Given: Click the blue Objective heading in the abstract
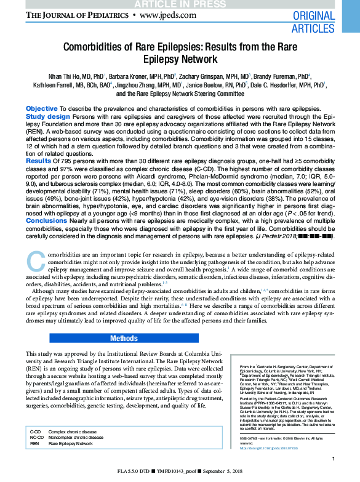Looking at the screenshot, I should click(x=41, y=108).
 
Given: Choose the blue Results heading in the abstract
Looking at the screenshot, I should click(x=38, y=160).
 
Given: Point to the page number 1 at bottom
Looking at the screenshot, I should click(x=333, y=458).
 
